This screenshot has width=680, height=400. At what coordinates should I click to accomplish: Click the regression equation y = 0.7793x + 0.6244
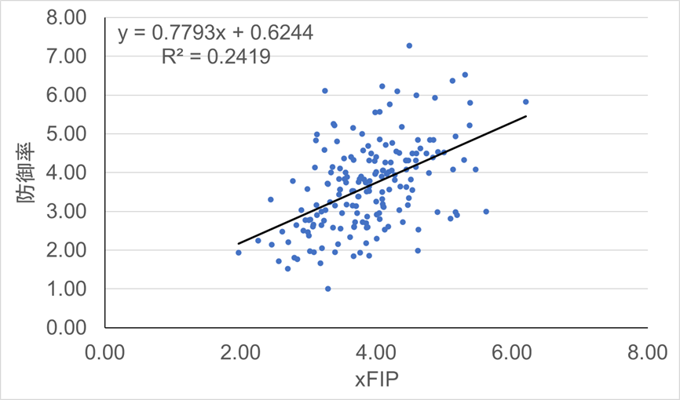(215, 33)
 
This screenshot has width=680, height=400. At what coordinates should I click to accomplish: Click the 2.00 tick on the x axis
(239, 350)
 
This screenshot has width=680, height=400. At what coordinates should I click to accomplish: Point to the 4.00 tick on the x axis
(375, 350)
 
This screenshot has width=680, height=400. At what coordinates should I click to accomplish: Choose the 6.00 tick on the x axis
(511, 350)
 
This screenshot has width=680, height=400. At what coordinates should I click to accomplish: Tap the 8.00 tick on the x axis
(646, 350)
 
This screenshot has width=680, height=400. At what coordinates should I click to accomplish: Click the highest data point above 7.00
(409, 45)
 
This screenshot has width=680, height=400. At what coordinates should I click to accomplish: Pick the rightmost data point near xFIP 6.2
(525, 102)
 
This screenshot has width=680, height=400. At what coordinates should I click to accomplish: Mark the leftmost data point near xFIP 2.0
(239, 253)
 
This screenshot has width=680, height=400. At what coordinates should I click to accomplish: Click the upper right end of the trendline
(525, 116)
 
